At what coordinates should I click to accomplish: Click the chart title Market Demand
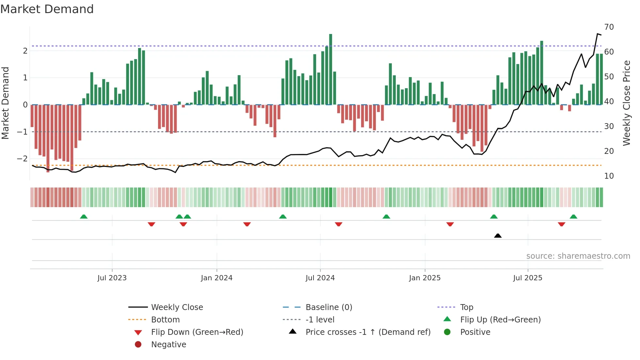[x=47, y=9]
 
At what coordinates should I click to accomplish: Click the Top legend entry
[x=466, y=307]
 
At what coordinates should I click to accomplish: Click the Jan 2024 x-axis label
[x=216, y=278]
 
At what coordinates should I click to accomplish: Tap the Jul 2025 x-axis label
[x=527, y=278]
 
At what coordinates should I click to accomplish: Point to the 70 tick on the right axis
[x=609, y=27]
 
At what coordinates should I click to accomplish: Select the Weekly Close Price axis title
[x=626, y=103]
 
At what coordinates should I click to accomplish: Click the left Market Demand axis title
[x=5, y=103]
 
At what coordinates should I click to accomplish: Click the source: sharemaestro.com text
[x=578, y=256]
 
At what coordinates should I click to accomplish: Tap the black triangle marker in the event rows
[x=498, y=236]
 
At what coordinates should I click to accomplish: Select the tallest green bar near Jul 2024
[x=330, y=69]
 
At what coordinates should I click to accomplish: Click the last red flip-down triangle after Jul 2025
[x=561, y=224]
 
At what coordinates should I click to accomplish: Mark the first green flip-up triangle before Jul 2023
[x=84, y=217]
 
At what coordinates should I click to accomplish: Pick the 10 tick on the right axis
[x=609, y=176]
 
